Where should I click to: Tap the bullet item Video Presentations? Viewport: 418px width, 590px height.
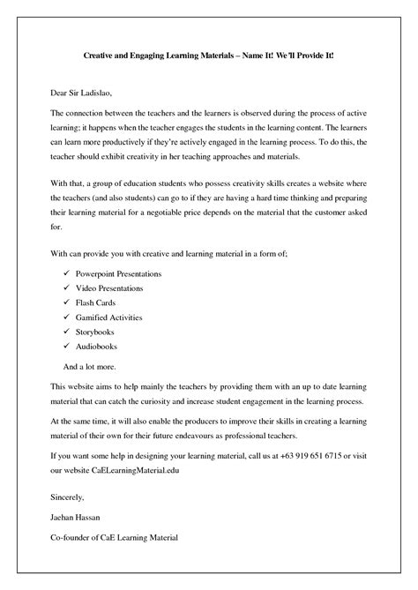pyautogui.click(x=109, y=288)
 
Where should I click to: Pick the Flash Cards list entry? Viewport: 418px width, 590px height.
pyautogui.click(x=96, y=302)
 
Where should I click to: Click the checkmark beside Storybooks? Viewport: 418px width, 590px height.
pyautogui.click(x=66, y=332)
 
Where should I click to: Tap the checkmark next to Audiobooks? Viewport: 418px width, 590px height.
pyautogui.click(x=66, y=347)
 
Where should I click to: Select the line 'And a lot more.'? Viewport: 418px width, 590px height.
pyautogui.click(x=91, y=365)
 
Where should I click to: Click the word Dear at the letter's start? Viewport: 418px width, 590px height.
pyautogui.click(x=59, y=92)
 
